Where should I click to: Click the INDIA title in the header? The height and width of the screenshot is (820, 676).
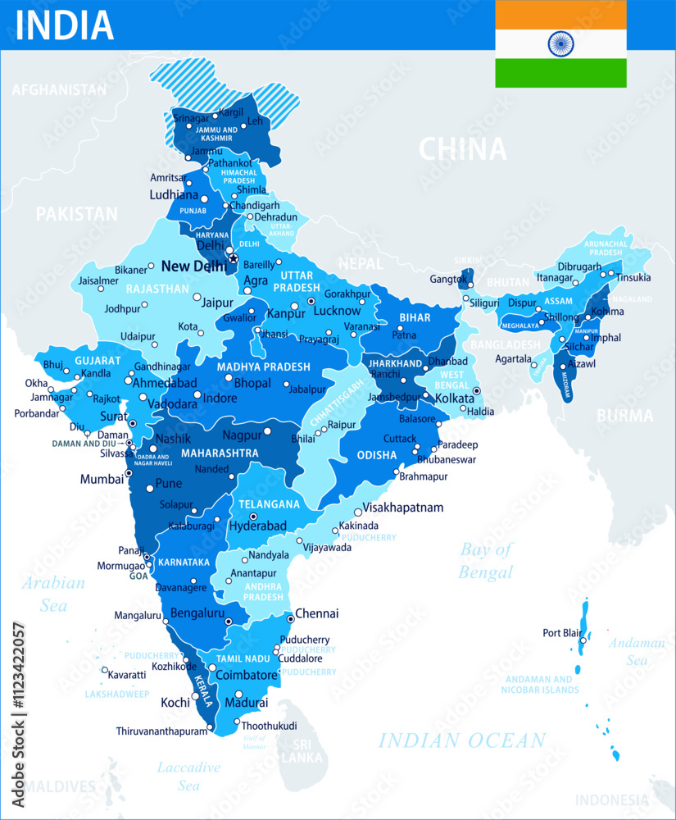[x=64, y=25]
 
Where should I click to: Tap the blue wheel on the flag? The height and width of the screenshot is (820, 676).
[x=560, y=43]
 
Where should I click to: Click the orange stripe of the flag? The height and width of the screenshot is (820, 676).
[x=560, y=14]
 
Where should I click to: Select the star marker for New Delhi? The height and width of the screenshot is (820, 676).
[x=233, y=259]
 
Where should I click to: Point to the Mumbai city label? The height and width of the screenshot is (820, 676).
[x=101, y=479]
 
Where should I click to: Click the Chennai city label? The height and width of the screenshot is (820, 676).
[x=316, y=613]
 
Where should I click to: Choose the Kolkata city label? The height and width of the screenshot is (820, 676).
[x=456, y=399]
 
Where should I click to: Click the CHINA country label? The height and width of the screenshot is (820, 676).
[x=462, y=149]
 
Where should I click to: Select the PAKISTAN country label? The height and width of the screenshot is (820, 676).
[x=76, y=214]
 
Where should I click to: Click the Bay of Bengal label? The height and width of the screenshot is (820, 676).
[x=485, y=561]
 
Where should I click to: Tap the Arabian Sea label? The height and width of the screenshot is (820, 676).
[x=54, y=594]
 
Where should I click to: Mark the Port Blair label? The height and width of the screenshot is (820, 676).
[x=563, y=633]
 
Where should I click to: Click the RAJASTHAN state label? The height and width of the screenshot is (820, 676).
[x=157, y=289]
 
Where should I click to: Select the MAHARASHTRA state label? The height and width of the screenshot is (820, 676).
[x=220, y=453]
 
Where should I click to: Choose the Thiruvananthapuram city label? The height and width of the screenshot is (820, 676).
[x=161, y=731]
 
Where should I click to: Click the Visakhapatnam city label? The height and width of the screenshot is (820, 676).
[x=402, y=508]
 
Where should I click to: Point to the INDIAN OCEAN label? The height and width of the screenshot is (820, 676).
[x=461, y=741]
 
